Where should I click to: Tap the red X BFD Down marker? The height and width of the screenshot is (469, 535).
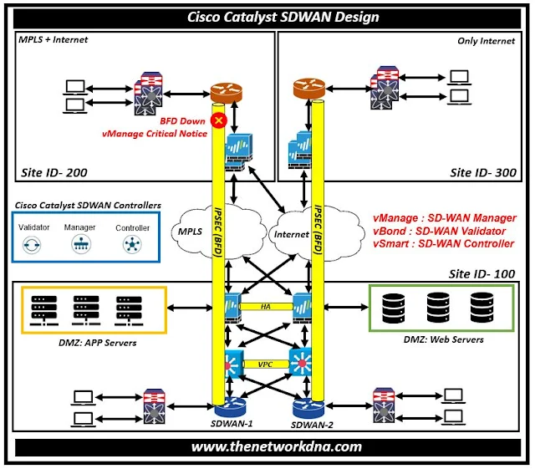tap(220, 121)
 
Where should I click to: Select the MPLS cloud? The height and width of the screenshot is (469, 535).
tap(191, 229)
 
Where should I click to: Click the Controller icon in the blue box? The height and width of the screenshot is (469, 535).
tap(132, 245)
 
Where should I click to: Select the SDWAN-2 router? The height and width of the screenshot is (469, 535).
tap(308, 409)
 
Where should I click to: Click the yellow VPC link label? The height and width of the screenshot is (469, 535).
tap(267, 364)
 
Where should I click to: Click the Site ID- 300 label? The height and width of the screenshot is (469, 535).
tap(482, 173)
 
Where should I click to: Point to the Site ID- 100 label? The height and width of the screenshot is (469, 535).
tap(481, 273)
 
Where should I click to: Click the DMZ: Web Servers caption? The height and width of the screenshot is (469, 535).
tap(441, 339)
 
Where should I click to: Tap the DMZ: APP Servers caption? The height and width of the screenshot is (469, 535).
tap(86, 342)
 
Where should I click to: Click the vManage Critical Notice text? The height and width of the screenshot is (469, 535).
tap(155, 134)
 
